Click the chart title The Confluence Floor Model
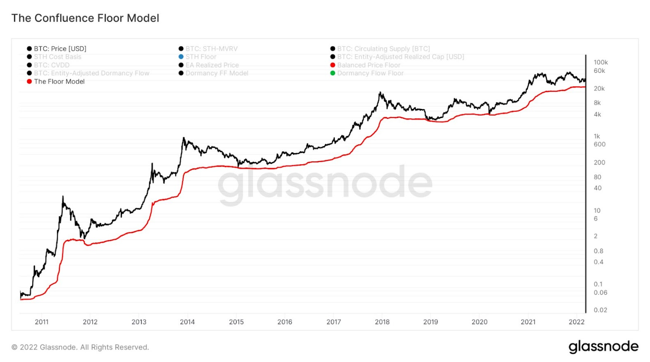pyautogui.click(x=85, y=18)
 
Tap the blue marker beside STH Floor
pyautogui.click(x=181, y=57)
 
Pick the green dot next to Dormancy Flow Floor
pyautogui.click(x=333, y=73)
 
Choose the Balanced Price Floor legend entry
pyautogui.click(x=368, y=65)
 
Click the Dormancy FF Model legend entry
pyautogui.click(x=217, y=73)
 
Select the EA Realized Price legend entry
pyautogui.click(x=212, y=65)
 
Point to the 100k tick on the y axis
pyautogui.click(x=600, y=62)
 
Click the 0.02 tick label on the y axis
pyautogui.click(x=600, y=310)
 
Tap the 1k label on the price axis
pyautogui.click(x=597, y=136)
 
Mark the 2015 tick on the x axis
pyautogui.click(x=236, y=322)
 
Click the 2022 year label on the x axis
pyautogui.click(x=576, y=322)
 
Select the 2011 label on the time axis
pyautogui.click(x=42, y=322)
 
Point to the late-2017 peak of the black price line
pyautogui.click(x=380, y=93)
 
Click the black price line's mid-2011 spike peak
pyautogui.click(x=63, y=197)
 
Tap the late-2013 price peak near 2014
pyautogui.click(x=183, y=138)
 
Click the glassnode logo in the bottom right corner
pyautogui.click(x=603, y=347)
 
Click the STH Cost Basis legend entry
pyautogui.click(x=57, y=57)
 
